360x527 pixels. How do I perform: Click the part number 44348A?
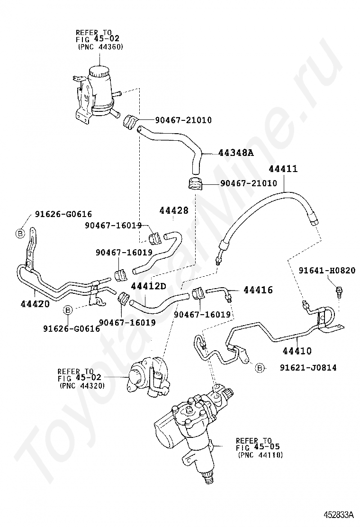click(x=236, y=153)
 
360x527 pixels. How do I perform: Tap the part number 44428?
click(x=173, y=211)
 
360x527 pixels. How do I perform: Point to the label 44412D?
click(x=149, y=286)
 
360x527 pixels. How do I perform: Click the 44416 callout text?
click(x=258, y=290)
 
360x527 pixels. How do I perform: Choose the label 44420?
click(x=35, y=303)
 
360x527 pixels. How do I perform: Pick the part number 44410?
click(x=297, y=351)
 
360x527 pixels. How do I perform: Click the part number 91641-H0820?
click(x=327, y=270)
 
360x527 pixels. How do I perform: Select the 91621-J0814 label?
click(x=308, y=367)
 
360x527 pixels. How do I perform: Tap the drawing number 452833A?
click(x=339, y=514)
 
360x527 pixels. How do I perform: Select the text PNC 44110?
click(x=260, y=454)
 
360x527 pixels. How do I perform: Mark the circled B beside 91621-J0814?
click(x=260, y=367)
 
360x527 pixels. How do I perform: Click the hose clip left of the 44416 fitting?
click(x=198, y=294)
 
